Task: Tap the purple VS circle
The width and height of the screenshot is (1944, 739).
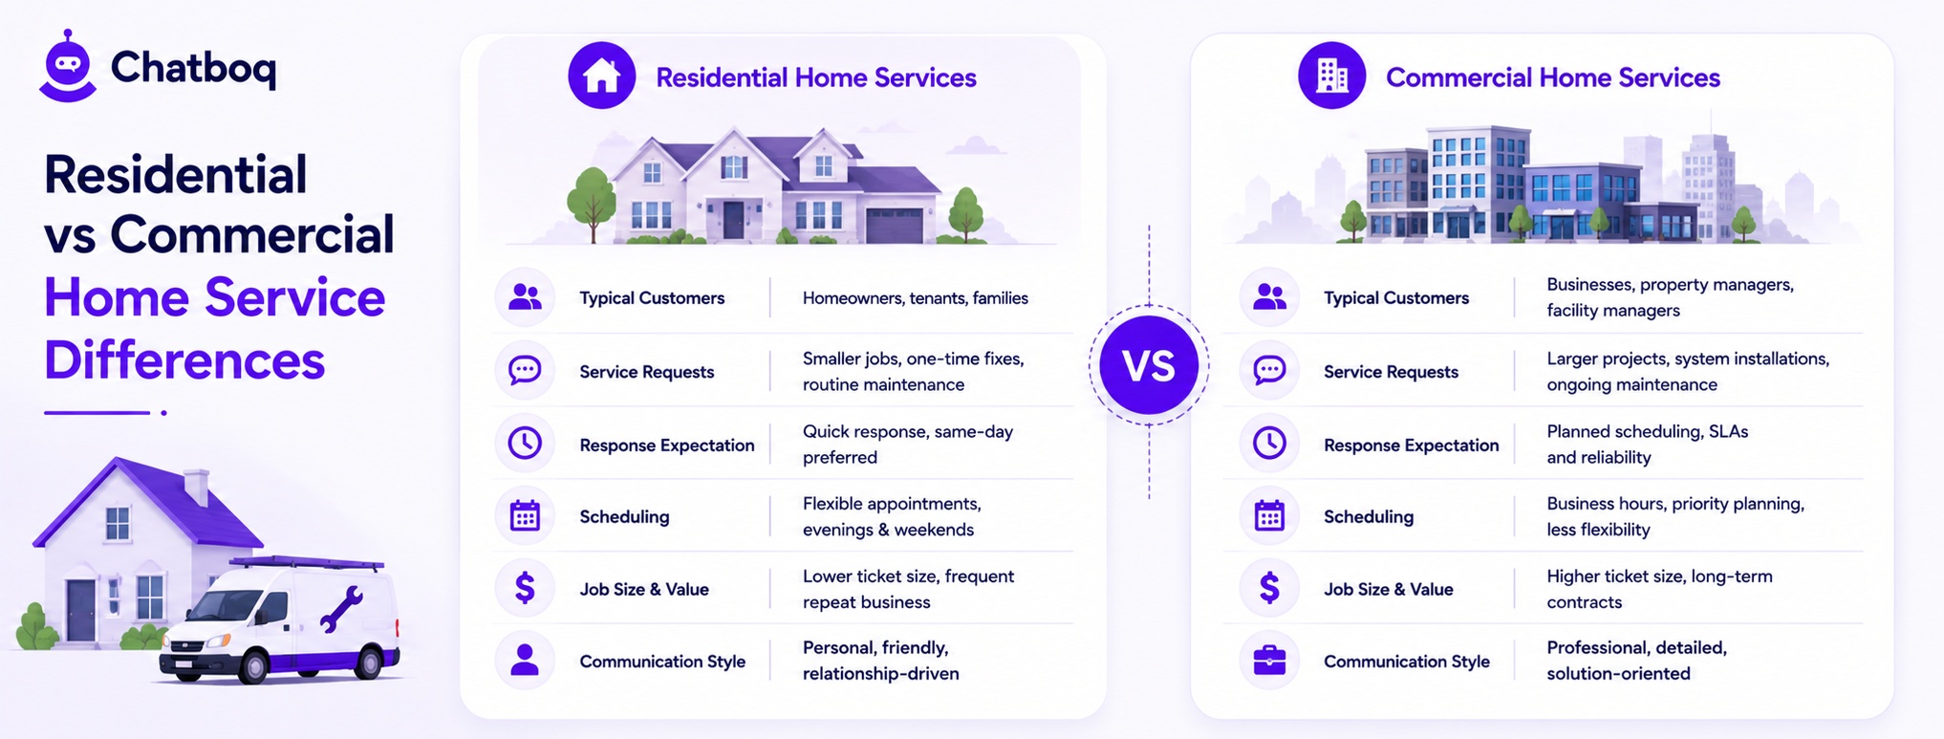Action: pos(1149,365)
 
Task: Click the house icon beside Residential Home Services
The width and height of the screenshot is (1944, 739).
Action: pos(602,76)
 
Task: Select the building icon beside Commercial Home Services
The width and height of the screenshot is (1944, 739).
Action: pos(1331,76)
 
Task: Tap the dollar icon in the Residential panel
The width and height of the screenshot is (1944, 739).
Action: pos(525,588)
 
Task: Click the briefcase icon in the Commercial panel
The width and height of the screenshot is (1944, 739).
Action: pos(1269,660)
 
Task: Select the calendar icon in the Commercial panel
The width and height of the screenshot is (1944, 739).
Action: pos(1269,515)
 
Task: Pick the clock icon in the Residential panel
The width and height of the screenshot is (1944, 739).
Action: pos(525,443)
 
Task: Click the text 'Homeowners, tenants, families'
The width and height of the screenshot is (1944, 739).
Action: pos(916,298)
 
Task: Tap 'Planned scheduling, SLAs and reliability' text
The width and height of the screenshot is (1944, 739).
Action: pos(1648,445)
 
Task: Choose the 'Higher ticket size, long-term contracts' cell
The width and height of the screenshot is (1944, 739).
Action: pos(1660,589)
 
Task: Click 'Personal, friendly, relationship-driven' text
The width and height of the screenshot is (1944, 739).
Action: pos(881,661)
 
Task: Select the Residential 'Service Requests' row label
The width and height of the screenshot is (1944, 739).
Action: pos(647,372)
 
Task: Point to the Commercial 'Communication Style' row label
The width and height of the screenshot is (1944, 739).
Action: pos(1407,662)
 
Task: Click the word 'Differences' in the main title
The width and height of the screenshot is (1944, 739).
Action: pos(184,360)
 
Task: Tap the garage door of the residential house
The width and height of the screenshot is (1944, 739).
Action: pos(895,226)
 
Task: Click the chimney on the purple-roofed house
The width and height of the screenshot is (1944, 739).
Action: pos(197,487)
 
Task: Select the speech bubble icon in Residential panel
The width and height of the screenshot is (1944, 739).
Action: pos(525,370)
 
